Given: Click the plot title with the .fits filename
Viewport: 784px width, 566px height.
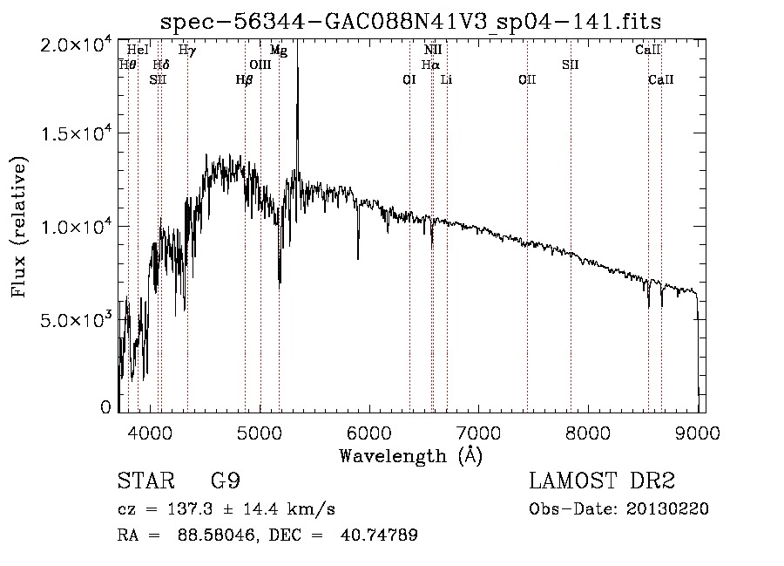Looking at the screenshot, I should point(410,22).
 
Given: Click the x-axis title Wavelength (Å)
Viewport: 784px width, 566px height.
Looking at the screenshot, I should point(410,455).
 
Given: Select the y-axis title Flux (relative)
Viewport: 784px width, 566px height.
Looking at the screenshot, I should point(18,227).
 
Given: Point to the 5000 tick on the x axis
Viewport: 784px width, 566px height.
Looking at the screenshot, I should point(260,430).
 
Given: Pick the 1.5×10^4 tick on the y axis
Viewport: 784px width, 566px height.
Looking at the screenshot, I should point(76,133).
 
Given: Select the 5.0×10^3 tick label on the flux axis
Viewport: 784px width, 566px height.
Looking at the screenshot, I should point(76,320).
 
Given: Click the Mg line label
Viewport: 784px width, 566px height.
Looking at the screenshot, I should point(279,51).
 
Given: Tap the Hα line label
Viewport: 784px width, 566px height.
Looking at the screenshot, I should point(430,65).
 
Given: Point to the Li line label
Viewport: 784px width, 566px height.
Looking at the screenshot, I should point(447,79).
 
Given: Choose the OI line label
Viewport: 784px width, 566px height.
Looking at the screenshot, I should point(409,79).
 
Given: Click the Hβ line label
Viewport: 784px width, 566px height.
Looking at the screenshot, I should point(245,79).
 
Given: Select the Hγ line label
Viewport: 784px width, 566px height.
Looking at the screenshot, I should point(187,51).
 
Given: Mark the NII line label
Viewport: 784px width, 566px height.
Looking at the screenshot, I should point(433,51).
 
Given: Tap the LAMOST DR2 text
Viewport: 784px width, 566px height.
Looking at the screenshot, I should point(602,482).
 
